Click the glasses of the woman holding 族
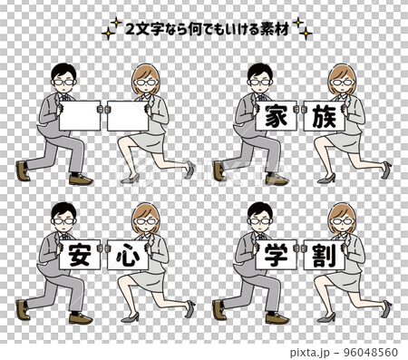coord(344,83)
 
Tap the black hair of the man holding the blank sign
coord(63,68)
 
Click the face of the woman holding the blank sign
coord(146,84)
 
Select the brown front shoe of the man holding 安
coord(81,318)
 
